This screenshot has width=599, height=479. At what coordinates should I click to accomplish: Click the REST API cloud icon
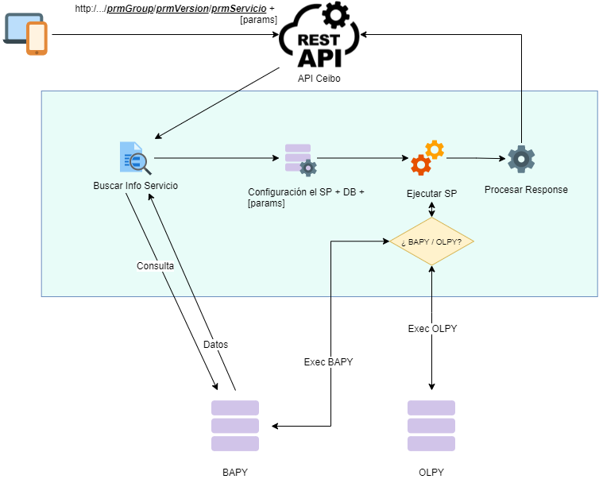coord(319,37)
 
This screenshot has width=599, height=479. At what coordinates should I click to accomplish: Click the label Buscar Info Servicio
coord(135,186)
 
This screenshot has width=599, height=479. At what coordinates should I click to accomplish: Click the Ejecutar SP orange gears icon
coord(427,157)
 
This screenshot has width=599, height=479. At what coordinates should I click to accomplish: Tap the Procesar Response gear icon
coord(521,159)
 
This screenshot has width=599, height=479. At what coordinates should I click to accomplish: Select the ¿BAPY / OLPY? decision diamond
coord(431,241)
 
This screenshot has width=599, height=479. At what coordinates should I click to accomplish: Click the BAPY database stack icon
coord(235,426)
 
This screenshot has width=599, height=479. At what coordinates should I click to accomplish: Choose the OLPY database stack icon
coord(431,426)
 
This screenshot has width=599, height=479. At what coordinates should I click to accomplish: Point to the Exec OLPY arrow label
coord(432,329)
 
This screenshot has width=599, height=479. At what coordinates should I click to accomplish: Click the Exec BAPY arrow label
coord(328,362)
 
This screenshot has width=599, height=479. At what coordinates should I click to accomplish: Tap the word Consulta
coord(155,266)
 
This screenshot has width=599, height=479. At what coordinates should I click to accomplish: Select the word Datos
coord(215,345)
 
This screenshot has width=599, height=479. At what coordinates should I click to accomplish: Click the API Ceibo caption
coord(319,78)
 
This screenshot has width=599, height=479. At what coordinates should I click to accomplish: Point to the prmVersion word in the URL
coord(184,8)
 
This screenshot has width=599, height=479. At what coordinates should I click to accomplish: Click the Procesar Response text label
coord(526,190)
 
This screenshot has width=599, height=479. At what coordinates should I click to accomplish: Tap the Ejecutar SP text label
coord(431,193)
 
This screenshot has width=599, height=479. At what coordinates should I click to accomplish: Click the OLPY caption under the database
coord(431,472)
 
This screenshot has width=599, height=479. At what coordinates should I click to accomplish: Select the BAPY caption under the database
coord(235,472)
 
